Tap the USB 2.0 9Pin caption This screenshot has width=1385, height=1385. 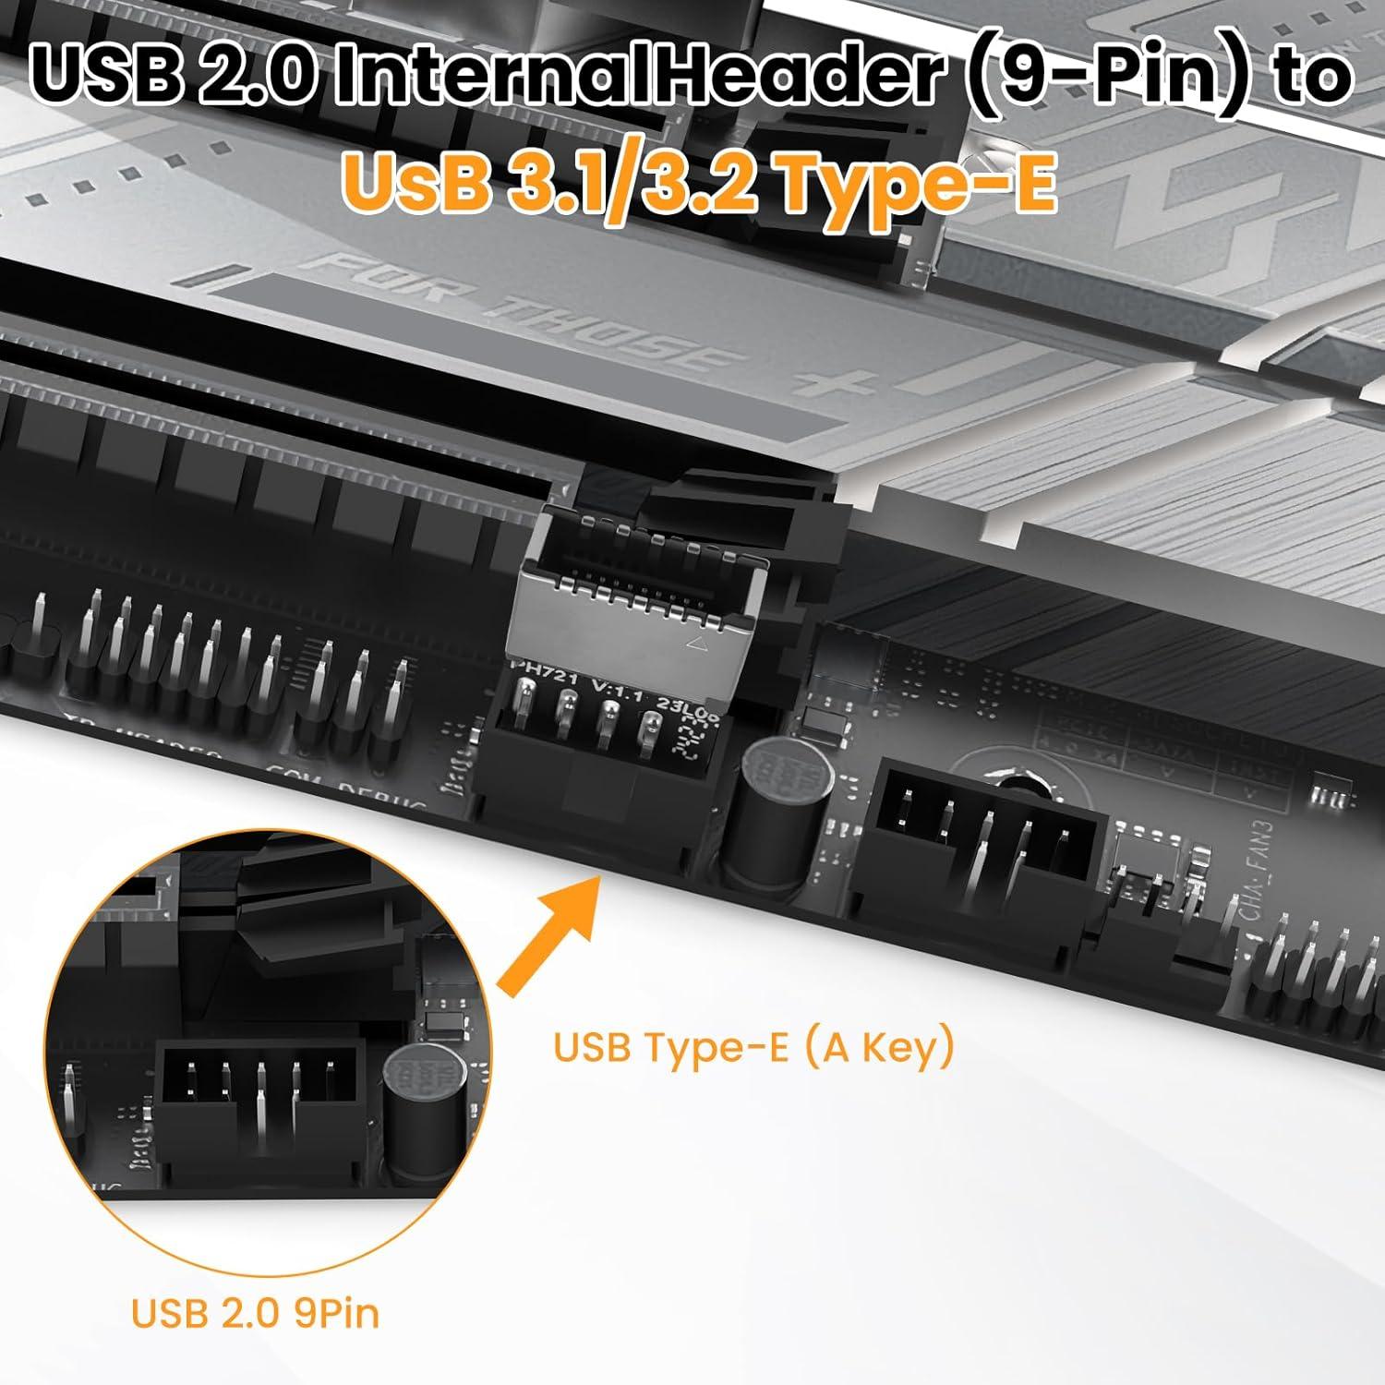click(x=255, y=1313)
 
